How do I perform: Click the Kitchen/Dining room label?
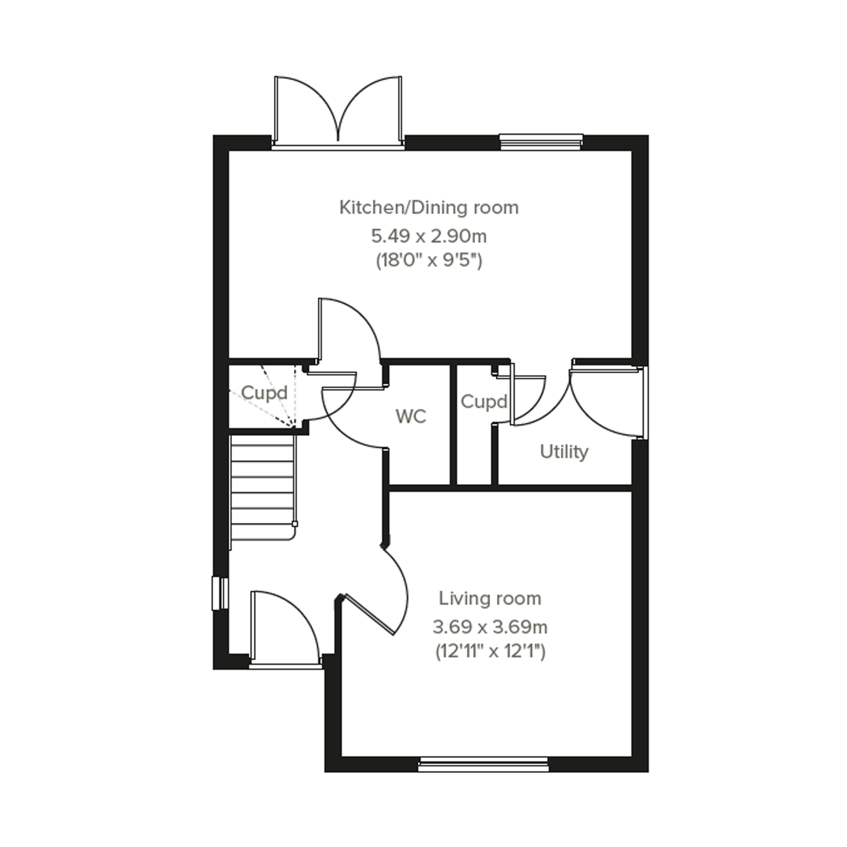(x=429, y=207)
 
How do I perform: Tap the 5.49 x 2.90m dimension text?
(x=429, y=237)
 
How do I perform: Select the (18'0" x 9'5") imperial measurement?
(x=429, y=261)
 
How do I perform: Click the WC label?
(x=411, y=416)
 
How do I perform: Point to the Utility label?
(x=564, y=452)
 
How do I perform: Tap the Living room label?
(x=490, y=599)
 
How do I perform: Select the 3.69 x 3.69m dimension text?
(x=490, y=627)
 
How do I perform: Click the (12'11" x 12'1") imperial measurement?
(x=490, y=652)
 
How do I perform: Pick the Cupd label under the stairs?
(x=264, y=393)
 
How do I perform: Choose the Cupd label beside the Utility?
(x=484, y=402)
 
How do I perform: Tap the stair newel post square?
(x=294, y=524)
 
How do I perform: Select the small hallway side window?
(x=220, y=593)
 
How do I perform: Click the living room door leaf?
(x=371, y=614)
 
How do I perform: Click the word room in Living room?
(x=522, y=599)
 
